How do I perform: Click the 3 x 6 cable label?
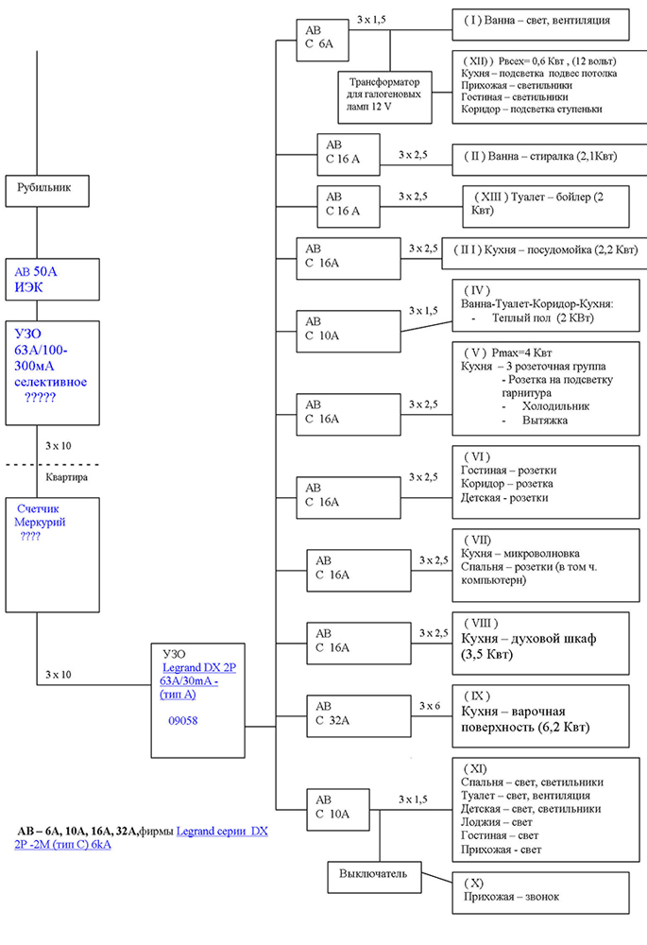point(430,706)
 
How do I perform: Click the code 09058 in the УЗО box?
point(183,721)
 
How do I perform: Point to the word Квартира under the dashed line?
point(67,477)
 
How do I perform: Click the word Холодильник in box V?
point(556,406)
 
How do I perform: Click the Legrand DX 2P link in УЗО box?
point(199,668)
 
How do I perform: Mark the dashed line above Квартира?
point(52,465)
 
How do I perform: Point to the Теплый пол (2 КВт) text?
point(543,318)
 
